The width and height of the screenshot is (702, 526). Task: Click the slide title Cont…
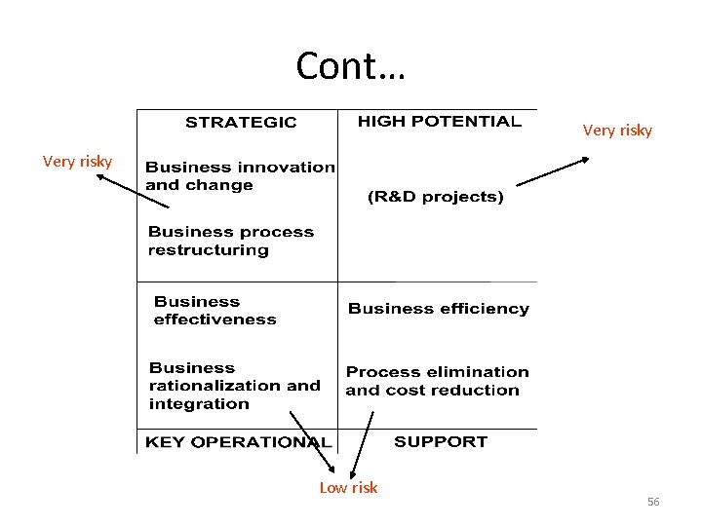click(351, 66)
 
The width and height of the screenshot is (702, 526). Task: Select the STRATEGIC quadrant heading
click(241, 123)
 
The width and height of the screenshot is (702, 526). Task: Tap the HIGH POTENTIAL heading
click(439, 122)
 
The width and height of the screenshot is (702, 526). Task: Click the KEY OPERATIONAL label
click(237, 442)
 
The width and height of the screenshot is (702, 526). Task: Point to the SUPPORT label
click(440, 441)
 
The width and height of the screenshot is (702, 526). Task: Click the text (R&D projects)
click(435, 197)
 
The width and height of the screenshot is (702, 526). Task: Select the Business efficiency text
click(438, 309)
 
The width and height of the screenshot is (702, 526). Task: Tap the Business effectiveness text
click(214, 311)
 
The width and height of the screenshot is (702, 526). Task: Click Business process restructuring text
click(230, 241)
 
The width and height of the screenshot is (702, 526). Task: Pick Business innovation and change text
click(239, 176)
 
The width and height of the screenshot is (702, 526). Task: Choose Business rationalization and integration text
click(234, 386)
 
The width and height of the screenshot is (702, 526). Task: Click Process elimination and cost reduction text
click(437, 381)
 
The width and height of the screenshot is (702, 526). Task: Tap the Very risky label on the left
click(77, 162)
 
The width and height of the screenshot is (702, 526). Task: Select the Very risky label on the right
click(617, 131)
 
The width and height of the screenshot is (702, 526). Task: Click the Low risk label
click(348, 488)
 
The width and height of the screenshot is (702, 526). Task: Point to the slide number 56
click(653, 502)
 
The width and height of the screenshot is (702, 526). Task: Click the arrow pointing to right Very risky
click(553, 171)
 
